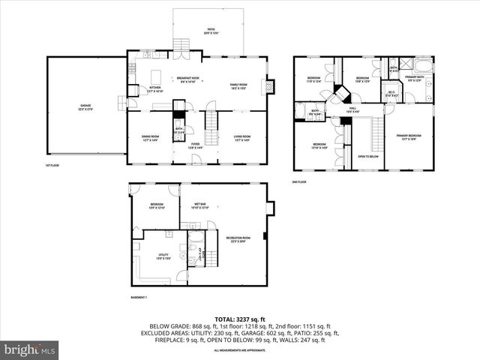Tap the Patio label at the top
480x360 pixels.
point(211,31)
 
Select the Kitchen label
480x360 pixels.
point(154,88)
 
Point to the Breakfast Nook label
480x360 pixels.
point(187,79)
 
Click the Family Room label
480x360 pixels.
point(238,86)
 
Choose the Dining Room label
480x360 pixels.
point(151,138)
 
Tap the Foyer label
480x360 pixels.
point(194,145)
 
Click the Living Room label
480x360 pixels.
point(241,138)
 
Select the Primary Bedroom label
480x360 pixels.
point(409,137)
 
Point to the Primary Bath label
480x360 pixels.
point(415,78)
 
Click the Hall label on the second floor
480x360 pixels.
point(352,109)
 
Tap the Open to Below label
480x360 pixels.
point(368,156)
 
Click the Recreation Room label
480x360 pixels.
point(238,239)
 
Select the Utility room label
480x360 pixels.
point(163,256)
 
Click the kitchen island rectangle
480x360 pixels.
point(157,76)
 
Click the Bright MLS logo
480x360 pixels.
point(30,349)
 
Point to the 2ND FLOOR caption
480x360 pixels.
point(299,181)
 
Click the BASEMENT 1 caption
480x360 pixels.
point(139,298)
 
